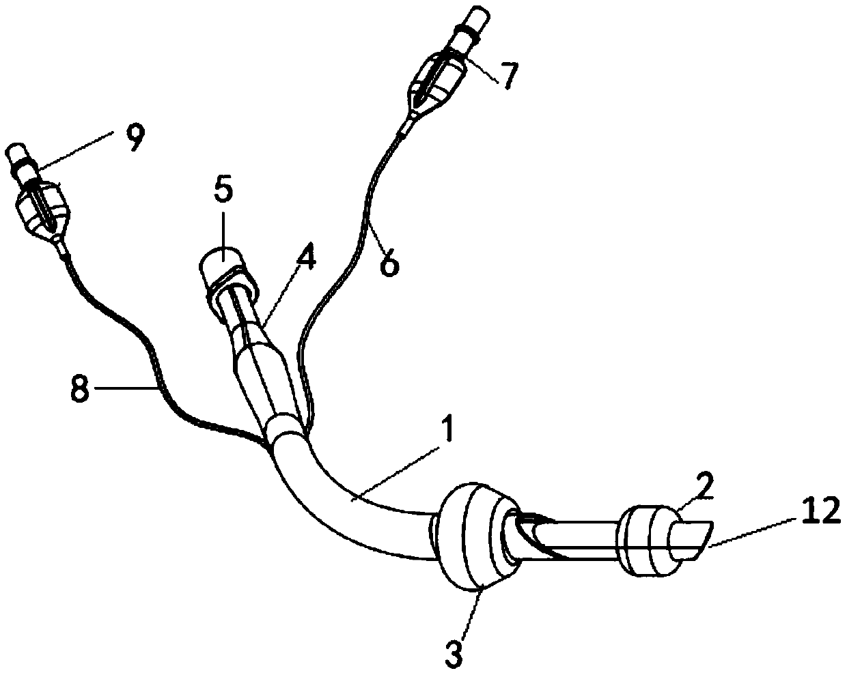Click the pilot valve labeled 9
pyautogui.click(x=42, y=205)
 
